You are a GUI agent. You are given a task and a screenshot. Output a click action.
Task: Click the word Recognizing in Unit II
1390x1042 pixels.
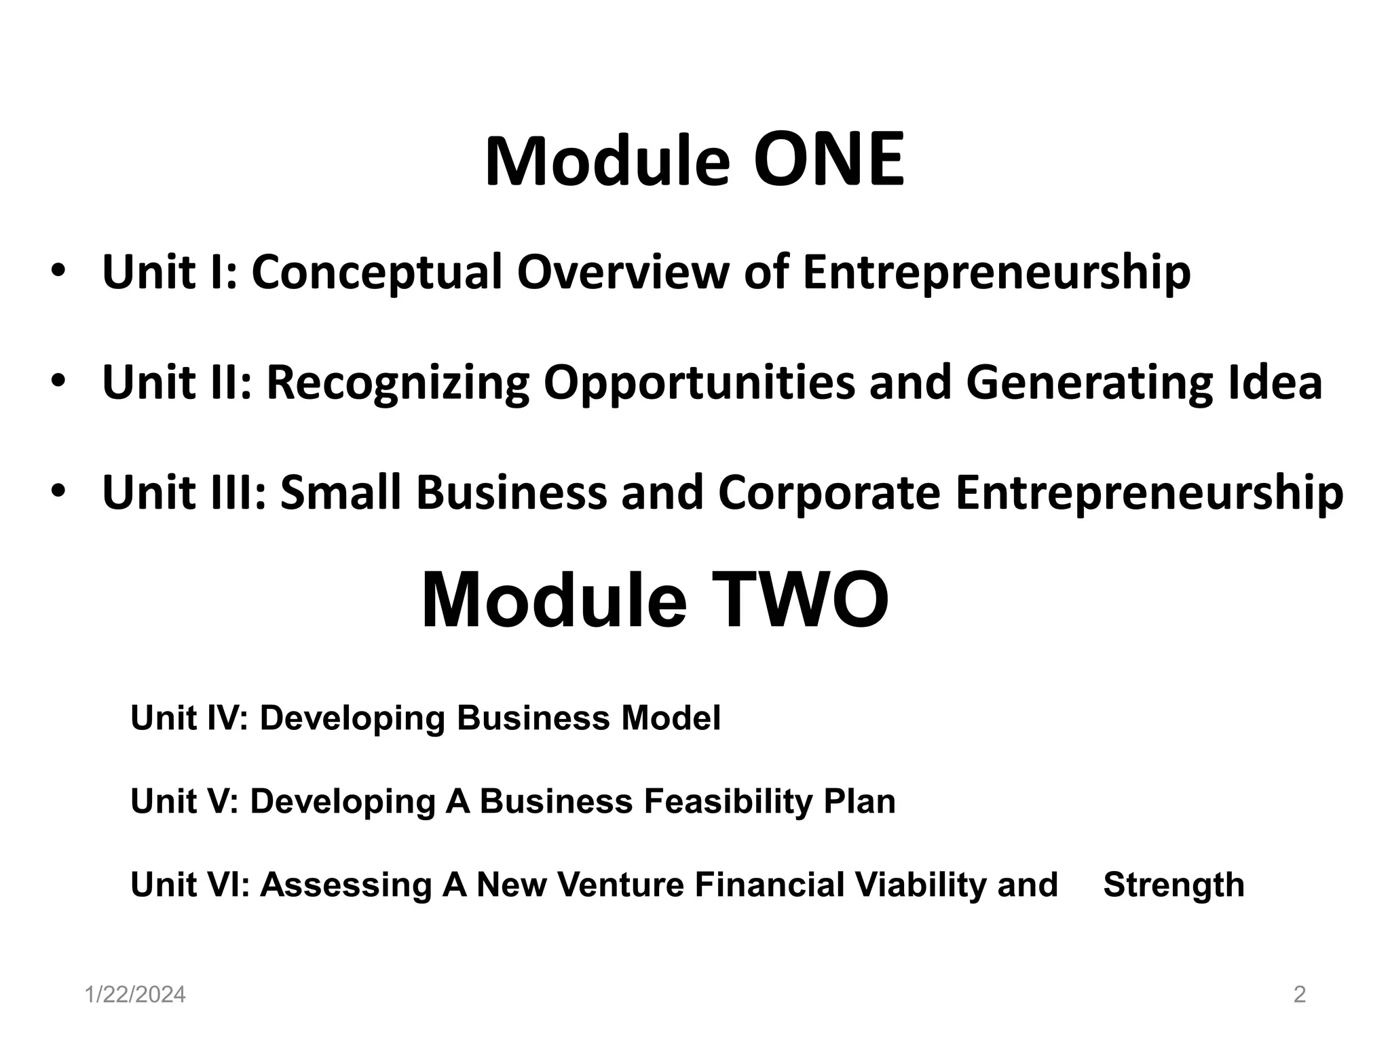398,383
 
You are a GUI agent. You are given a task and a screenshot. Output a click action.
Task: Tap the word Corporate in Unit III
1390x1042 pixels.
829,493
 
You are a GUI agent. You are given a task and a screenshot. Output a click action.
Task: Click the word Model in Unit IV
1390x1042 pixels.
671,718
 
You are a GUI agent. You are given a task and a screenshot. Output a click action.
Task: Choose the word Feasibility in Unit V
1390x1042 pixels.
726,801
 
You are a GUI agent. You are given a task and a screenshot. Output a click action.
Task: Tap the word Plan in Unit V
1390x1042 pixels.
859,801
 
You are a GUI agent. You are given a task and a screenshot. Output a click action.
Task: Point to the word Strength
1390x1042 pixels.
1173,885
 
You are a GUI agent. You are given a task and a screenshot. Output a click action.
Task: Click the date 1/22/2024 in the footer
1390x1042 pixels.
135,995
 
